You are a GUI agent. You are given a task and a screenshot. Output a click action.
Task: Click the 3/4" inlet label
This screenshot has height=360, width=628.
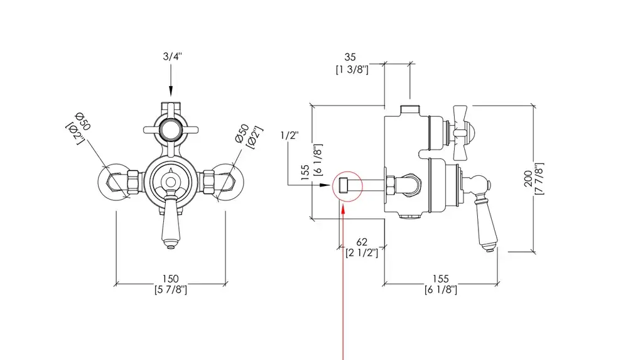(171, 57)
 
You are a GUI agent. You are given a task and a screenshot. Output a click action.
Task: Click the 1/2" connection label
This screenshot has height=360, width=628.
(289, 134)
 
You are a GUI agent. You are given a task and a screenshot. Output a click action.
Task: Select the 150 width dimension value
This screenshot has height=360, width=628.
(170, 278)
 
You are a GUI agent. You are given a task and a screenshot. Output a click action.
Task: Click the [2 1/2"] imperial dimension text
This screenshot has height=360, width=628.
(362, 253)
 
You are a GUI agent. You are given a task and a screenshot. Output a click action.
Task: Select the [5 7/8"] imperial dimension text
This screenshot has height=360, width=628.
(170, 290)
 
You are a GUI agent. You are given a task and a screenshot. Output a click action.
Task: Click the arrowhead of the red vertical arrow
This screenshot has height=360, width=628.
(343, 205)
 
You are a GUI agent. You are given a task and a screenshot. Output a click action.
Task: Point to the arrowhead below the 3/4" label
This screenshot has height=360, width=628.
(171, 91)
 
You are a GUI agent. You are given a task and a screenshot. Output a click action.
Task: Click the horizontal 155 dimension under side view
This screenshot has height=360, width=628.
(440, 278)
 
